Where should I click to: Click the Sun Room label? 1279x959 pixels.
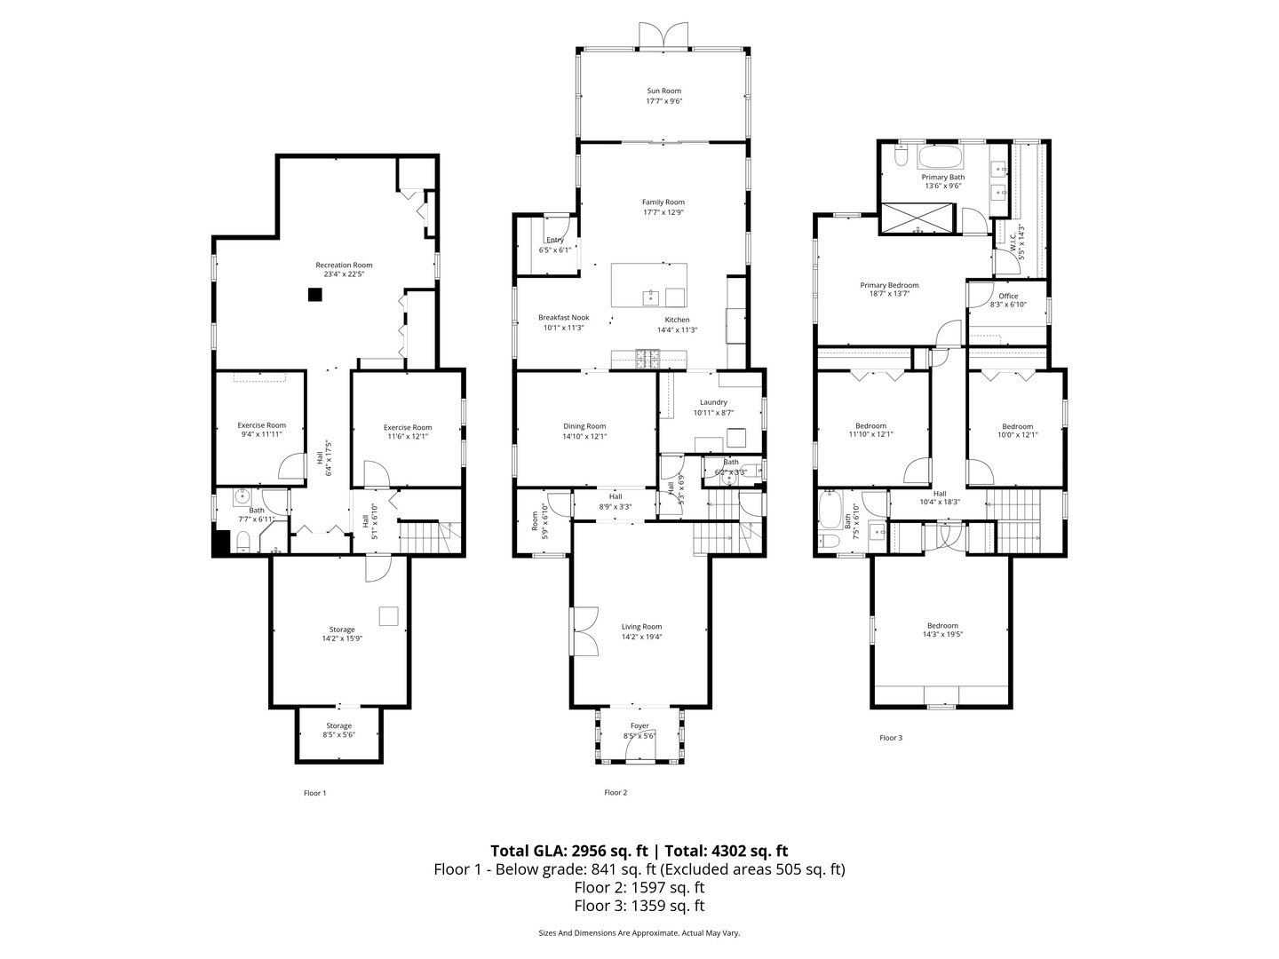[x=663, y=91]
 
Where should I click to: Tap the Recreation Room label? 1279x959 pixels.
[x=344, y=265]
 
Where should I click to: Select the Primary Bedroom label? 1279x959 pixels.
[x=889, y=285]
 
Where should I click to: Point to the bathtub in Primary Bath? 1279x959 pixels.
[x=940, y=159]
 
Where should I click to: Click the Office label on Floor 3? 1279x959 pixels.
[x=1008, y=296]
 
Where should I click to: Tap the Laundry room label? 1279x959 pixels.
[x=713, y=402]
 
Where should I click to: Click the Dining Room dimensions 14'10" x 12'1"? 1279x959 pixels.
[x=584, y=436]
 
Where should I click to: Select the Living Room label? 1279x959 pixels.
[x=641, y=626]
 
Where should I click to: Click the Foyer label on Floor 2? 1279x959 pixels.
[x=639, y=725]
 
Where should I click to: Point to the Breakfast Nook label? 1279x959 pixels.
[x=563, y=317]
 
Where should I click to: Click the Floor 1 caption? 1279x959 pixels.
[x=315, y=793]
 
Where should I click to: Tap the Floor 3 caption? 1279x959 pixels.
[x=891, y=737]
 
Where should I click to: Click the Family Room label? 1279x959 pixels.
[x=663, y=202]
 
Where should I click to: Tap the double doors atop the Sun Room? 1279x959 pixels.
[x=663, y=35]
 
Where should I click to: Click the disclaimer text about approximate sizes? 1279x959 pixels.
[x=639, y=932]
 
